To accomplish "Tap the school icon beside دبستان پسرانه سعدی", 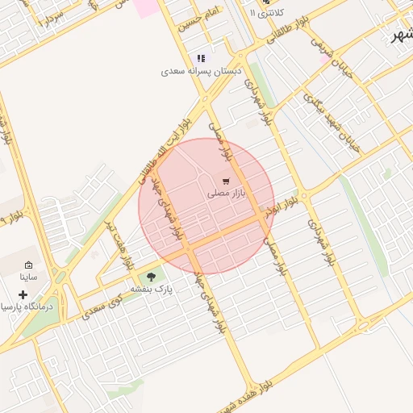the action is [x=201, y=58].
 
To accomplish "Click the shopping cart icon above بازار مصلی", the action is [x=226, y=181].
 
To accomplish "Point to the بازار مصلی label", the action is [x=225, y=194].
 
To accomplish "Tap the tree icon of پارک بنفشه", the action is [x=151, y=277].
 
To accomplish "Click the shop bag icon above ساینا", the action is [x=29, y=265].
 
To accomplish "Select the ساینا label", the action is [x=29, y=277].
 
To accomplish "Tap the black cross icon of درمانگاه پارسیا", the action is [x=23, y=294].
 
